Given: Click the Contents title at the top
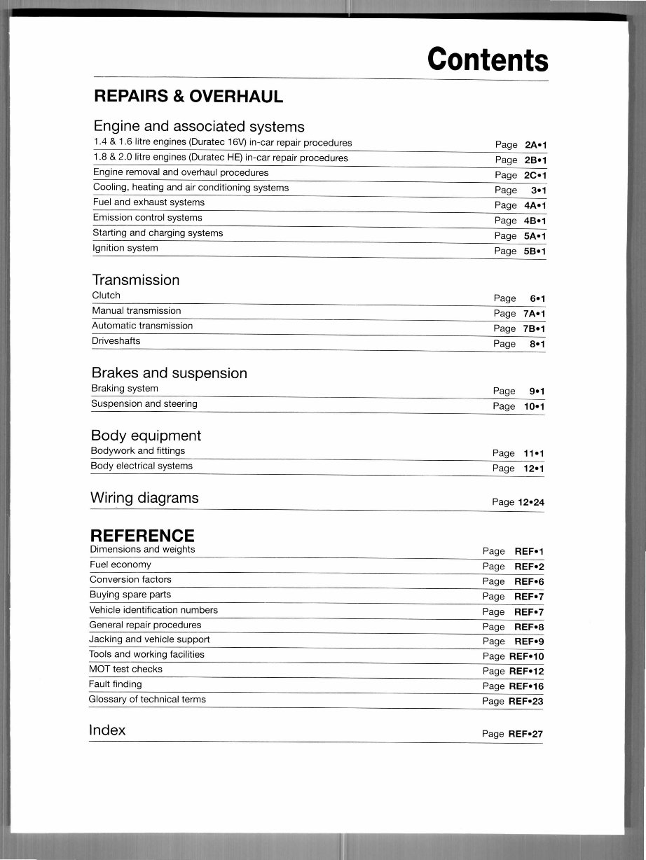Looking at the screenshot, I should pyautogui.click(x=488, y=60).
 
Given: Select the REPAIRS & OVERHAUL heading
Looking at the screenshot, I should pyautogui.click(x=188, y=97).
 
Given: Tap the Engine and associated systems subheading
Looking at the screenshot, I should pyautogui.click(x=198, y=127).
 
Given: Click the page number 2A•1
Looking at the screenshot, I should pyautogui.click(x=535, y=145).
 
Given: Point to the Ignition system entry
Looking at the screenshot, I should pyautogui.click(x=125, y=249).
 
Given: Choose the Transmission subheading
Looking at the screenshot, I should pyautogui.click(x=135, y=280).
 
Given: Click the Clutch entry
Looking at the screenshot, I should pyautogui.click(x=106, y=296).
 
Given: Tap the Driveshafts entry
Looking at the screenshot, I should pyautogui.click(x=116, y=341).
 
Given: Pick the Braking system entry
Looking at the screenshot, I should pyautogui.click(x=125, y=389).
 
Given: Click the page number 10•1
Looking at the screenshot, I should pyautogui.click(x=534, y=406).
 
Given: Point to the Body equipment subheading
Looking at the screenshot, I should pyautogui.click(x=146, y=436).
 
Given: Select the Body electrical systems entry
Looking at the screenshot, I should pyautogui.click(x=142, y=466).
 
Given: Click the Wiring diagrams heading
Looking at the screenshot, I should pyautogui.click(x=144, y=498).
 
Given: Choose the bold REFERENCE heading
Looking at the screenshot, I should pyautogui.click(x=142, y=536).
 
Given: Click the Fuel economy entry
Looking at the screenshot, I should pyautogui.click(x=121, y=564).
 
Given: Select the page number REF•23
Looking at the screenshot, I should pyautogui.click(x=525, y=701).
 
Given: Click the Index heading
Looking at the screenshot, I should pyautogui.click(x=107, y=730).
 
